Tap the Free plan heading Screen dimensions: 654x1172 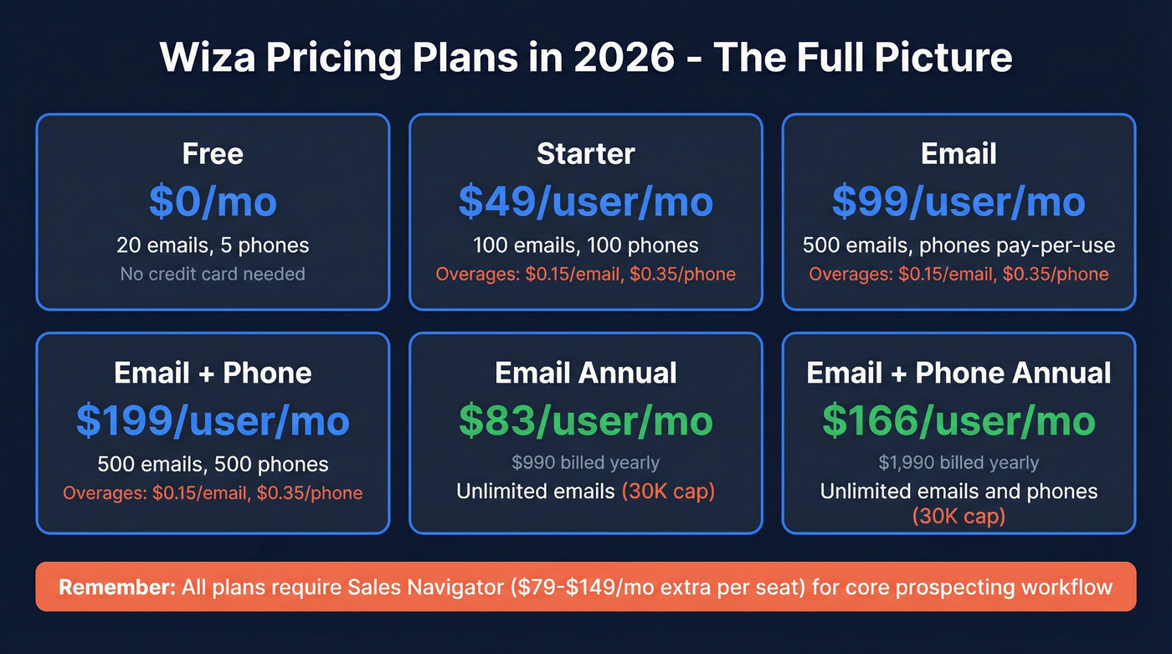pos(213,154)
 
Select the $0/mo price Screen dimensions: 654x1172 pos(213,201)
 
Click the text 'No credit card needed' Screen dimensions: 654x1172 pos(213,274)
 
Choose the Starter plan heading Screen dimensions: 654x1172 pos(586,154)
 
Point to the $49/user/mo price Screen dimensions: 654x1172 pos(586,201)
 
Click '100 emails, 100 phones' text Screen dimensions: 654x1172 pos(586,245)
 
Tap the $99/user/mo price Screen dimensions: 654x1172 pos(959,201)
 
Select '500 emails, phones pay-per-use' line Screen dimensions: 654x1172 pos(959,245)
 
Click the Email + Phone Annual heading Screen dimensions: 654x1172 pos(959,373)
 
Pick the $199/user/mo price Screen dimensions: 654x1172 pos(213,420)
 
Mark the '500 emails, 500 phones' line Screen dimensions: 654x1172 pos(213,465)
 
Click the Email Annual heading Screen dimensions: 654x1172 pos(586,373)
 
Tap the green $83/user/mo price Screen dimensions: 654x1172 pos(586,420)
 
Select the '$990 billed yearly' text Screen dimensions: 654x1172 pos(586,462)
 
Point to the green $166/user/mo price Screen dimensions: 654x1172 pos(959,420)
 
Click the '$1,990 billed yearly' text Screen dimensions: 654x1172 pos(959,462)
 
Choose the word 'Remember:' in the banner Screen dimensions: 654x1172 pos(116,586)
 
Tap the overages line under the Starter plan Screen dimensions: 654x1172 pos(586,274)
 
